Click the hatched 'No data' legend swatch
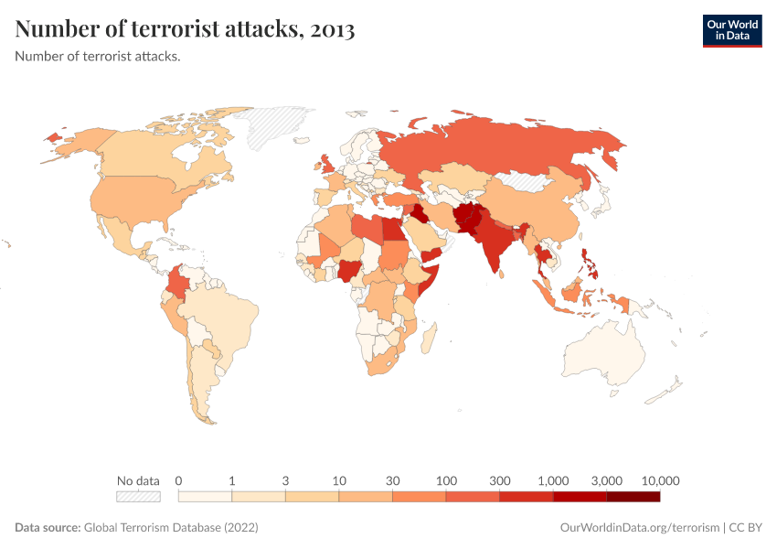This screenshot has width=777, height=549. pyautogui.click(x=138, y=497)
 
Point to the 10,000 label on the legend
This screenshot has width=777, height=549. pyautogui.click(x=660, y=480)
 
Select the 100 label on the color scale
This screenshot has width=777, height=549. pyautogui.click(x=446, y=480)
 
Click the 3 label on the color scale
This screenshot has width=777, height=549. pyautogui.click(x=285, y=480)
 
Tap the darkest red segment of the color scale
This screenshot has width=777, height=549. pyautogui.click(x=633, y=497)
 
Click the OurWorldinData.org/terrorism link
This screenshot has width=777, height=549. pyautogui.click(x=638, y=528)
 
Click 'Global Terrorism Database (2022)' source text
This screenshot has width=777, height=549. pyautogui.click(x=171, y=528)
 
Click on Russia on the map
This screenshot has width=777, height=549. pyautogui.click(x=512, y=146)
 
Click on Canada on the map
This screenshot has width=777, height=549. pyautogui.click(x=155, y=151)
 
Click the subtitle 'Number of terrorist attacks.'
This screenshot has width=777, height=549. pyautogui.click(x=98, y=56)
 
